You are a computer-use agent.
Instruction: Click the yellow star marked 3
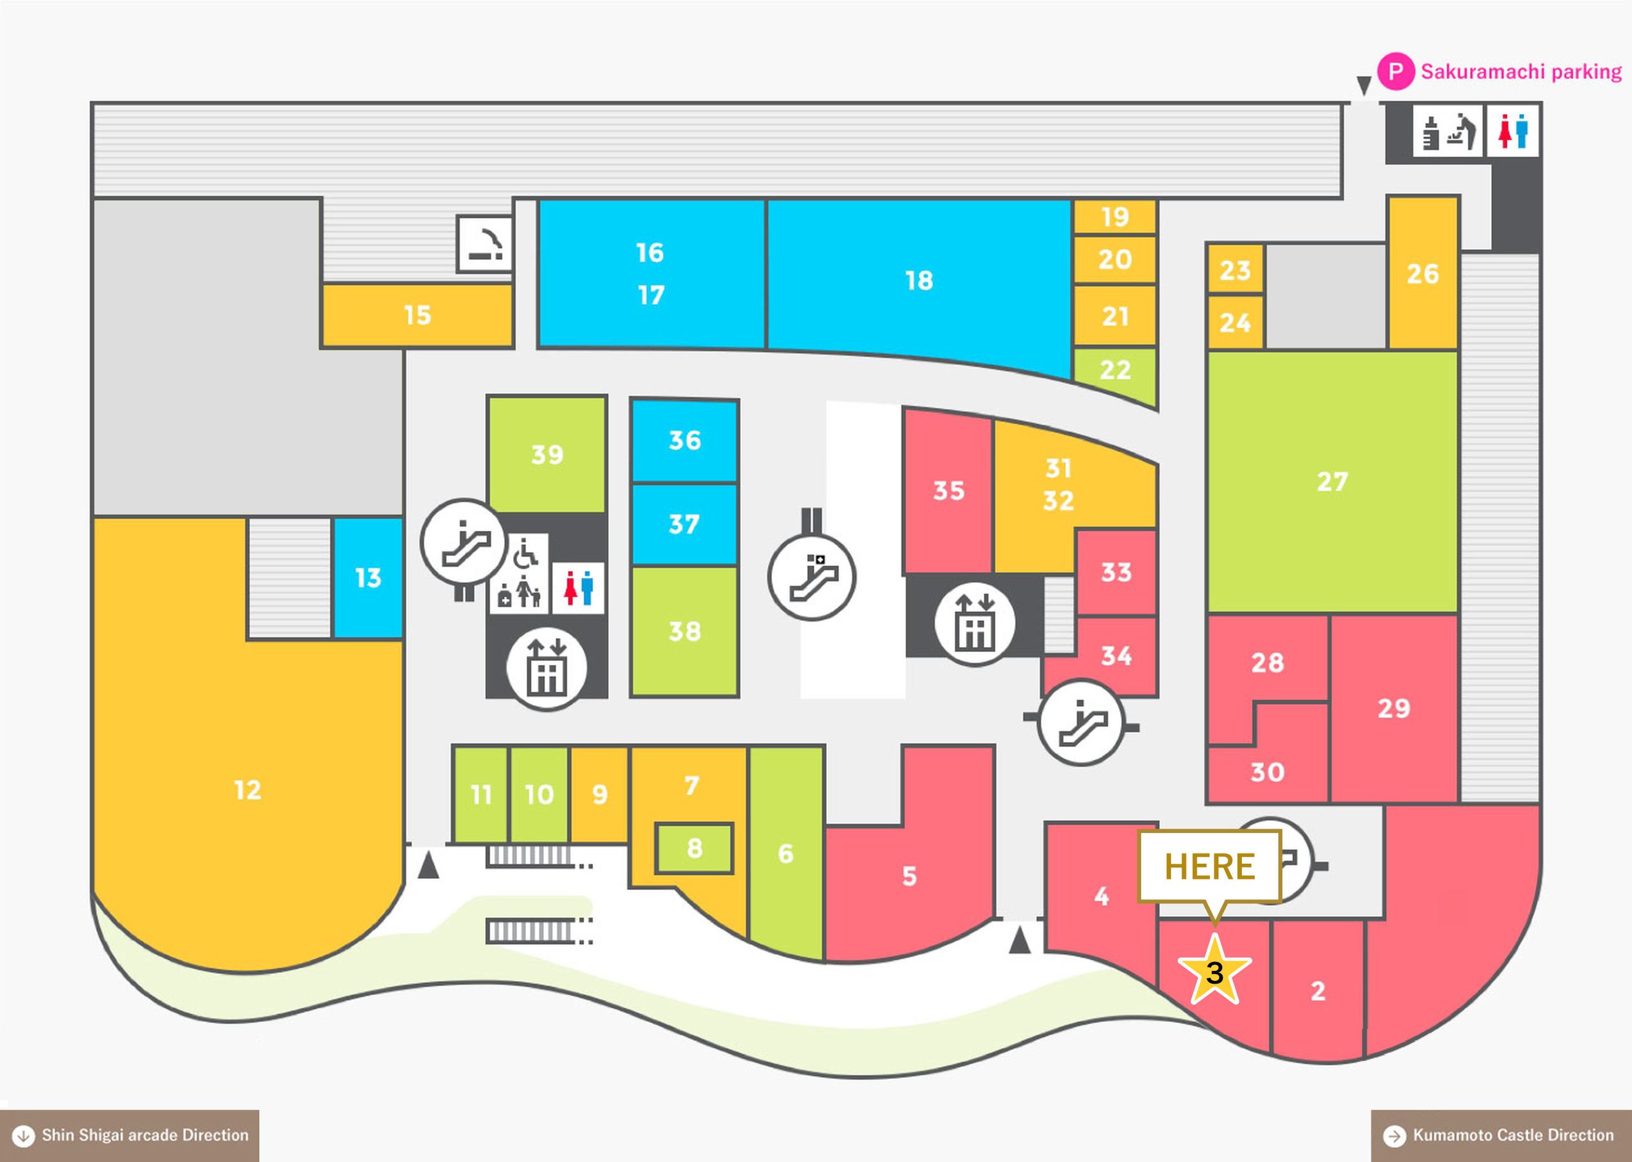(x=1214, y=971)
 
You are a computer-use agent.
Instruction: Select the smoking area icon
(x=485, y=244)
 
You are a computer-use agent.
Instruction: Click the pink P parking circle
(x=1395, y=71)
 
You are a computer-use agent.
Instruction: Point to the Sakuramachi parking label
(x=1521, y=71)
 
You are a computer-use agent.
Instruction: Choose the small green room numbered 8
(x=694, y=848)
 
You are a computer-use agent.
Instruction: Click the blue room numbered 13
(x=368, y=577)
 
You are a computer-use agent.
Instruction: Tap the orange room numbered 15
(x=417, y=316)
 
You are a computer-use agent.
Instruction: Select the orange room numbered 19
(x=1115, y=217)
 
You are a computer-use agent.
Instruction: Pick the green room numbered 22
(x=1115, y=372)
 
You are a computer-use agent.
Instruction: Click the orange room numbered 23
(x=1235, y=270)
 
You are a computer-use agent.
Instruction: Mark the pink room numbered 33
(x=1116, y=572)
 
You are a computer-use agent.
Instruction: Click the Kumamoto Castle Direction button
(x=1501, y=1135)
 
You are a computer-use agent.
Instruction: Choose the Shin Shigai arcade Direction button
(x=129, y=1135)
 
